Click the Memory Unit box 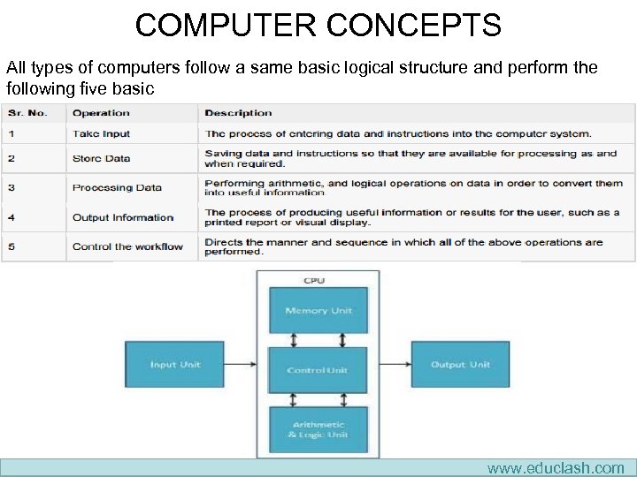pos(318,310)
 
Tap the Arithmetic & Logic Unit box pos(318,429)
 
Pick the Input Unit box pos(175,365)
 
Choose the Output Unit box pos(460,365)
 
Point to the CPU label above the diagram pos(314,281)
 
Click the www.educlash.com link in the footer pos(555,468)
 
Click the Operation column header pos(101,113)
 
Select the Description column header pos(238,113)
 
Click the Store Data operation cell pos(101,159)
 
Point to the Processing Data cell pos(117,187)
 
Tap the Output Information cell pos(123,217)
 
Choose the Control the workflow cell pos(127,246)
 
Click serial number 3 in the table pos(12,187)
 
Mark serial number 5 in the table pos(12,246)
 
